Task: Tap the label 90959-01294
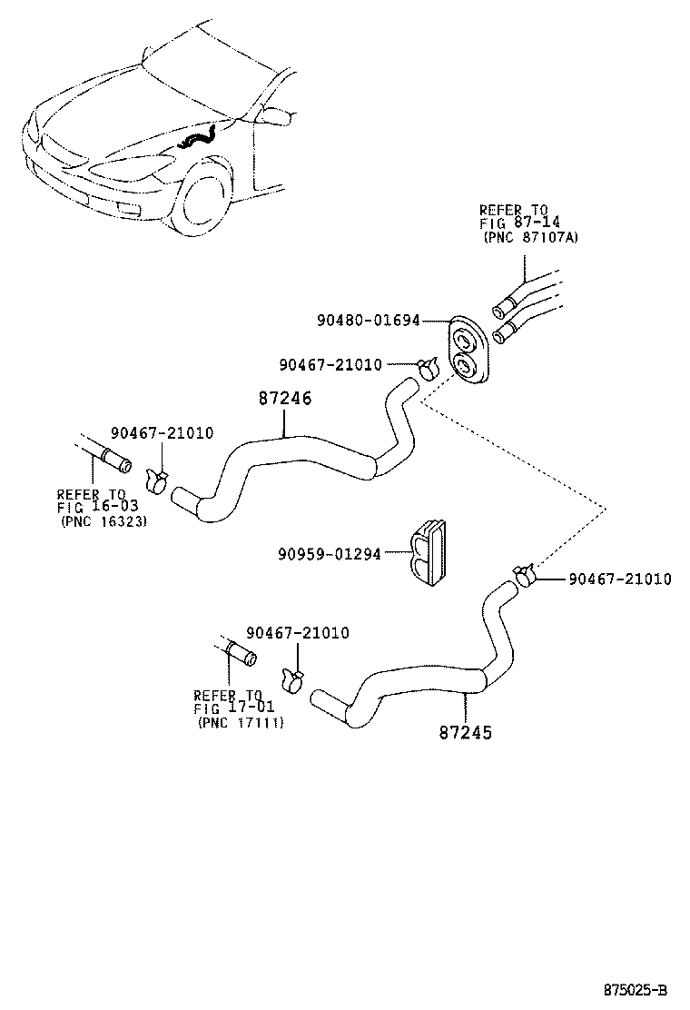[x=330, y=552]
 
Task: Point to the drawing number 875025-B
[x=636, y=988]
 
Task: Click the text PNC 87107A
[x=529, y=238]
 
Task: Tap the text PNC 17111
[x=241, y=723]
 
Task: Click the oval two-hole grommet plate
[x=469, y=351]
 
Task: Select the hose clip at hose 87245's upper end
[x=524, y=575]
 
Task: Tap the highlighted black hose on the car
[x=199, y=139]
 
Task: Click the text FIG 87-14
[x=514, y=223]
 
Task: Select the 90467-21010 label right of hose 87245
[x=620, y=579]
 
